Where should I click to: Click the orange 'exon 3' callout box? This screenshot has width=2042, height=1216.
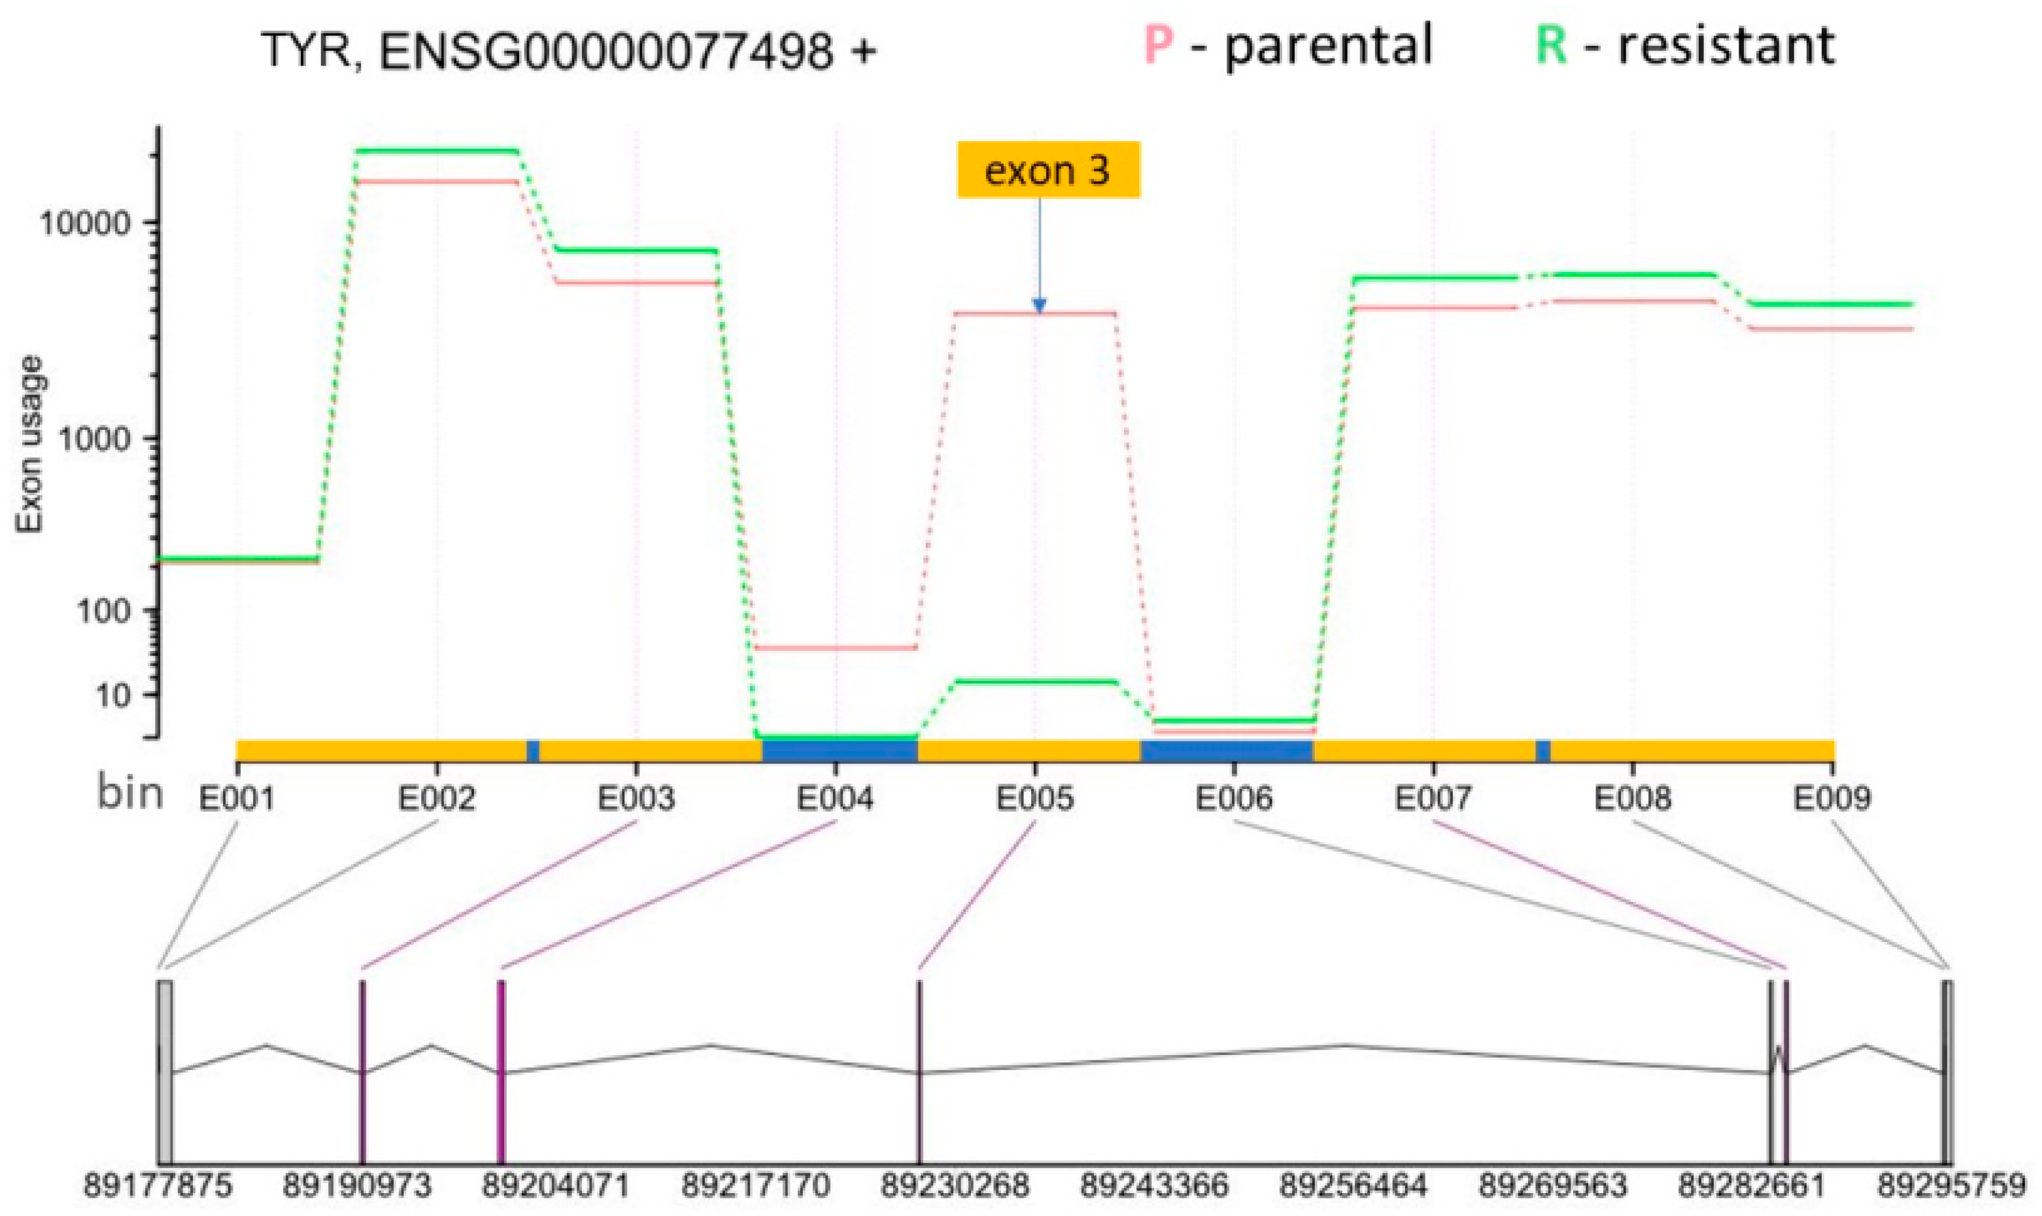click(1047, 171)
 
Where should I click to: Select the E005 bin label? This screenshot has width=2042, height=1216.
click(1034, 797)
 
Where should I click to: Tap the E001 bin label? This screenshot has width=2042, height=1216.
click(237, 797)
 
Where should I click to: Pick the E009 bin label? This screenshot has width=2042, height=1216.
click(1832, 797)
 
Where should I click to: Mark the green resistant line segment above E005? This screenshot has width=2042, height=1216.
click(1035, 681)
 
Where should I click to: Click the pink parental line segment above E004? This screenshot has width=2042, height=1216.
click(836, 648)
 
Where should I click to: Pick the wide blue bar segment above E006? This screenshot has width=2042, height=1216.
click(1226, 750)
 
